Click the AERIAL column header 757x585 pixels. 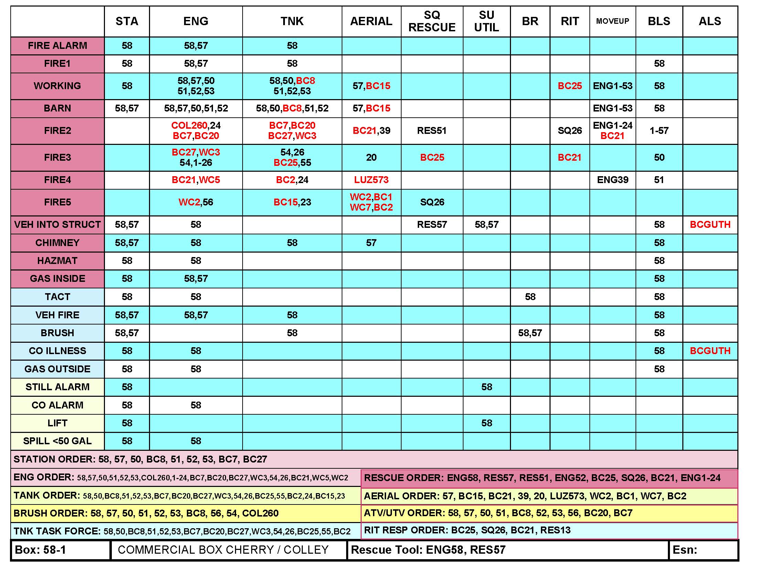(x=371, y=21)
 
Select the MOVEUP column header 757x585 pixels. (x=612, y=21)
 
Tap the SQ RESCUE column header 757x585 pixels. (x=431, y=21)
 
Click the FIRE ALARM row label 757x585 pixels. (x=57, y=46)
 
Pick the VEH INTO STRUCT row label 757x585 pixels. (x=57, y=225)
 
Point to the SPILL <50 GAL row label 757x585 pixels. (x=57, y=441)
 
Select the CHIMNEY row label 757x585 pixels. (x=57, y=243)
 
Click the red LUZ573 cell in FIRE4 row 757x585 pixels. (x=371, y=180)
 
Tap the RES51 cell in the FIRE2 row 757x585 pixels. (x=431, y=131)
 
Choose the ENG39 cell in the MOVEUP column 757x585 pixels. (x=612, y=180)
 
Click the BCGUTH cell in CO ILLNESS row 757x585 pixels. (x=710, y=351)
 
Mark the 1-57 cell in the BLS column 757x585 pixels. (x=659, y=131)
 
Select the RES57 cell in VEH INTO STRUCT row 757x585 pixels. (x=431, y=225)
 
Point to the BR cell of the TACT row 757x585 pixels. (x=530, y=297)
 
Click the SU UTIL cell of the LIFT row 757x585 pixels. (x=486, y=423)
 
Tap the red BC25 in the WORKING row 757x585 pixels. (x=569, y=86)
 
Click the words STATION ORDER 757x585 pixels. (x=54, y=459)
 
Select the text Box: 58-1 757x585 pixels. (x=41, y=550)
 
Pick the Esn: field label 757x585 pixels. (x=684, y=550)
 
